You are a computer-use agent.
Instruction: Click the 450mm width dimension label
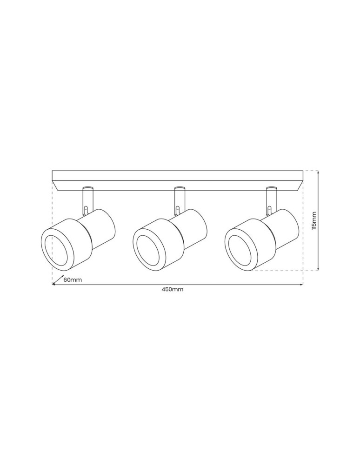coord(173,289)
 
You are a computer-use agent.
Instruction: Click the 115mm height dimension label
coord(314,220)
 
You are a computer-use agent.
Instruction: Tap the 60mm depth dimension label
coord(73,280)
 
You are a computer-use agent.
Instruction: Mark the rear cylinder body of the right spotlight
coord(285,228)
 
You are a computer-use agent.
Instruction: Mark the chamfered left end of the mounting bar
coord(57,186)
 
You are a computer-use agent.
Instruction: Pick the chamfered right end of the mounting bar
coord(298,186)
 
